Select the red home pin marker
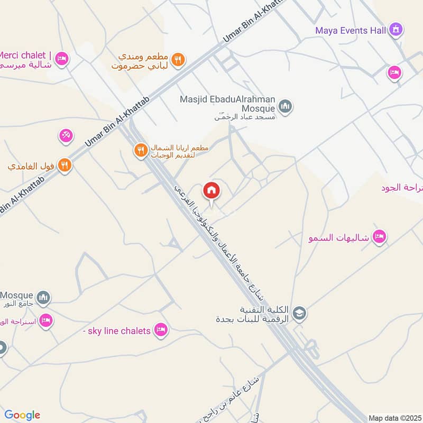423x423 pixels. [212, 190]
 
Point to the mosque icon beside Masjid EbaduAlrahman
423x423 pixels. [286, 107]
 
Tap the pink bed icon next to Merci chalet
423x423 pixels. [62, 58]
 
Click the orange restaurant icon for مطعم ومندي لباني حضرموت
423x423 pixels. [179, 60]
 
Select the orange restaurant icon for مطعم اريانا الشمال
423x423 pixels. [140, 150]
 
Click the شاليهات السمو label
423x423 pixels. [338, 238]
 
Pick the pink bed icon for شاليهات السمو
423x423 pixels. [379, 236]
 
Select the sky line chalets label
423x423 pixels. [117, 331]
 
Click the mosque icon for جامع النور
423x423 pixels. [44, 298]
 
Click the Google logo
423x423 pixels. [22, 415]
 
